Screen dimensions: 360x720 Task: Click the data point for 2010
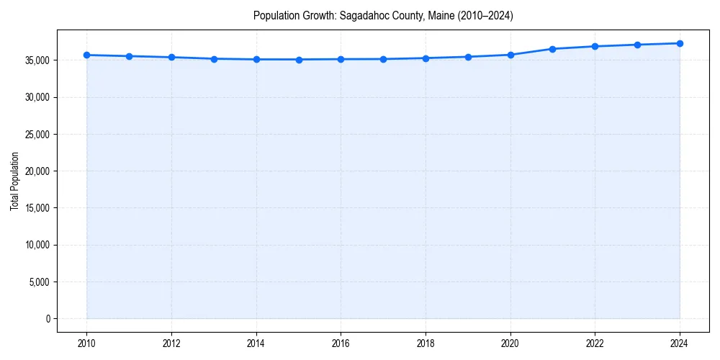[86, 55]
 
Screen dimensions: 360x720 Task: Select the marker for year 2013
[214, 59]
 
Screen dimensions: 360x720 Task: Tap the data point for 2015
[299, 60]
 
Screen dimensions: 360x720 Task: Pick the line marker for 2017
[383, 59]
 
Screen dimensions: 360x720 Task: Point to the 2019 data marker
[468, 57]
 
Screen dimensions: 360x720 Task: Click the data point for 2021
[552, 49]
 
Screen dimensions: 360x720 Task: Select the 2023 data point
[637, 45]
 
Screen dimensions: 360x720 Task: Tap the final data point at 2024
[680, 43]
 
